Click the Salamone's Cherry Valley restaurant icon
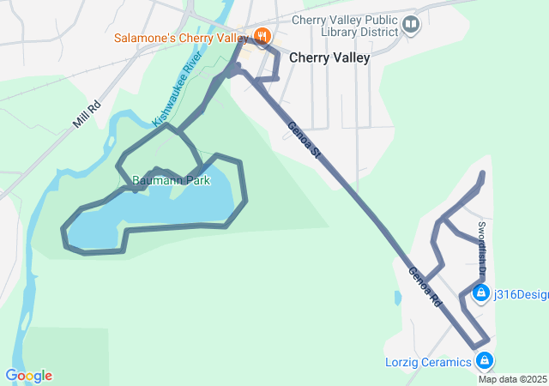[x=262, y=37]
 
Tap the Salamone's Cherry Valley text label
[x=182, y=39]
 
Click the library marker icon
[x=412, y=24]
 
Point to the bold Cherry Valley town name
[x=329, y=58]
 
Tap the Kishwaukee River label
[x=177, y=89]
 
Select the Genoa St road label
[x=304, y=139]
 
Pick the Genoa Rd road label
[x=425, y=288]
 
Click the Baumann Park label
[x=171, y=181]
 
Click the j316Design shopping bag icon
[x=480, y=295]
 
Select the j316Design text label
[x=521, y=295]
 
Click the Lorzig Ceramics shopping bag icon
[x=485, y=360]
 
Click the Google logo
[x=28, y=376]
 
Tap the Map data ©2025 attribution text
[x=512, y=379]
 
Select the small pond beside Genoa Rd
[x=397, y=298]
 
